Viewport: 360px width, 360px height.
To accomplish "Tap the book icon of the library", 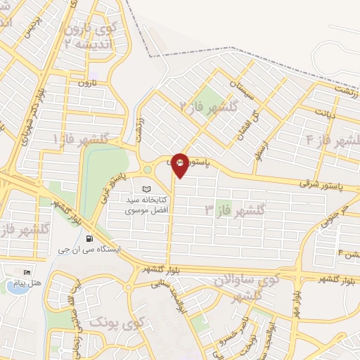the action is coord(146,189).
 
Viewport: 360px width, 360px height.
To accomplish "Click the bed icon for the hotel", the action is coord(27,273).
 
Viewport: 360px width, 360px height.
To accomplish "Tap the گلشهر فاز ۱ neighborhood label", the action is coord(80,140).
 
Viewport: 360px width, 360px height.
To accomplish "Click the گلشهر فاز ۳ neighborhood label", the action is coord(234,209).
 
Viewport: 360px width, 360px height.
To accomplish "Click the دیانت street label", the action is coord(324,112).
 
